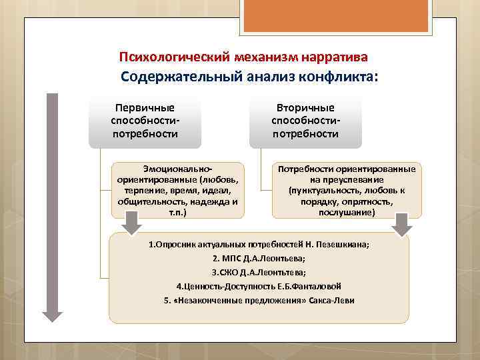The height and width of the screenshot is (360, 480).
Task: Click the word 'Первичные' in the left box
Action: tap(145, 108)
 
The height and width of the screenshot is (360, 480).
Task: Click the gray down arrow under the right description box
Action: tap(401, 224)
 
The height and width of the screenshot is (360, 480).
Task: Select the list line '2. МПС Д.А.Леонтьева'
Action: tap(259, 258)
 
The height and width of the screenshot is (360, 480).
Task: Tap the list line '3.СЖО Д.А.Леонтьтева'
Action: tap(259, 272)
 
